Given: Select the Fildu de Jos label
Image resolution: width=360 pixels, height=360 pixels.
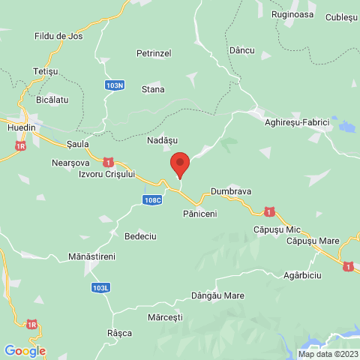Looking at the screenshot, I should pos(58,36).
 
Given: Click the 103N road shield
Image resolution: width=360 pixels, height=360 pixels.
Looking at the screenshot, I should pos(115,85).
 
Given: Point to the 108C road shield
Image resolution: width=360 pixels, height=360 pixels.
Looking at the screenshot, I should pos(151,199).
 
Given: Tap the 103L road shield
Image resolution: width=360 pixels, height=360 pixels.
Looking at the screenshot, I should pos(100,286).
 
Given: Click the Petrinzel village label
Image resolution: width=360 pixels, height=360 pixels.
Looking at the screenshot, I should pos(154,53).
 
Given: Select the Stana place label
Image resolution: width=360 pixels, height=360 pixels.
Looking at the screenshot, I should pos(154,89).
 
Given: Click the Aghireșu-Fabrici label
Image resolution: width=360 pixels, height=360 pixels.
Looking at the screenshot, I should pos(298,121).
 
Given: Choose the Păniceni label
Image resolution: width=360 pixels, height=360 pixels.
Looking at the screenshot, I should pos(199,214).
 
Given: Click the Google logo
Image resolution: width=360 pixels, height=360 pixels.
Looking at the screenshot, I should pos(25,350).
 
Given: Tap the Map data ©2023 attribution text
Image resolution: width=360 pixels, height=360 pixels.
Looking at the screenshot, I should pos(328,354).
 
